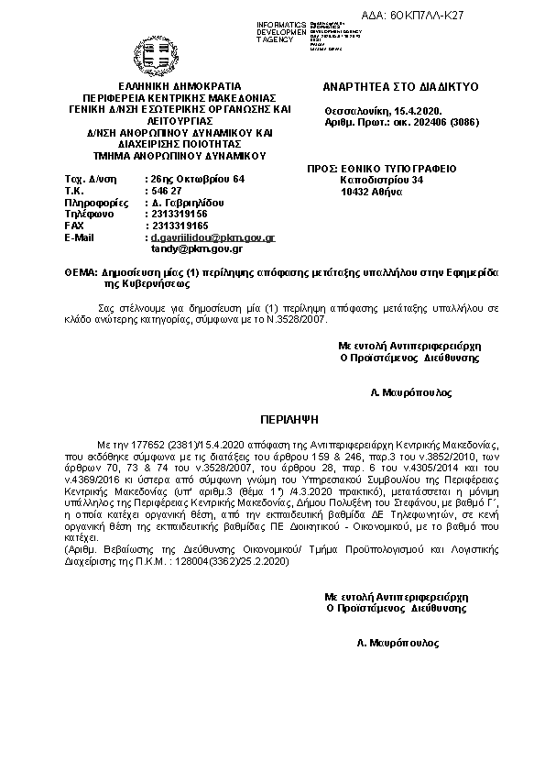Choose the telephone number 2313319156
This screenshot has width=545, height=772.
180,214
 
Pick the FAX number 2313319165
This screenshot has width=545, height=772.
180,226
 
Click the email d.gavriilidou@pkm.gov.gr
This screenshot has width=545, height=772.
213,237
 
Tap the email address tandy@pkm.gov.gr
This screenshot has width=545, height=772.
197,248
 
